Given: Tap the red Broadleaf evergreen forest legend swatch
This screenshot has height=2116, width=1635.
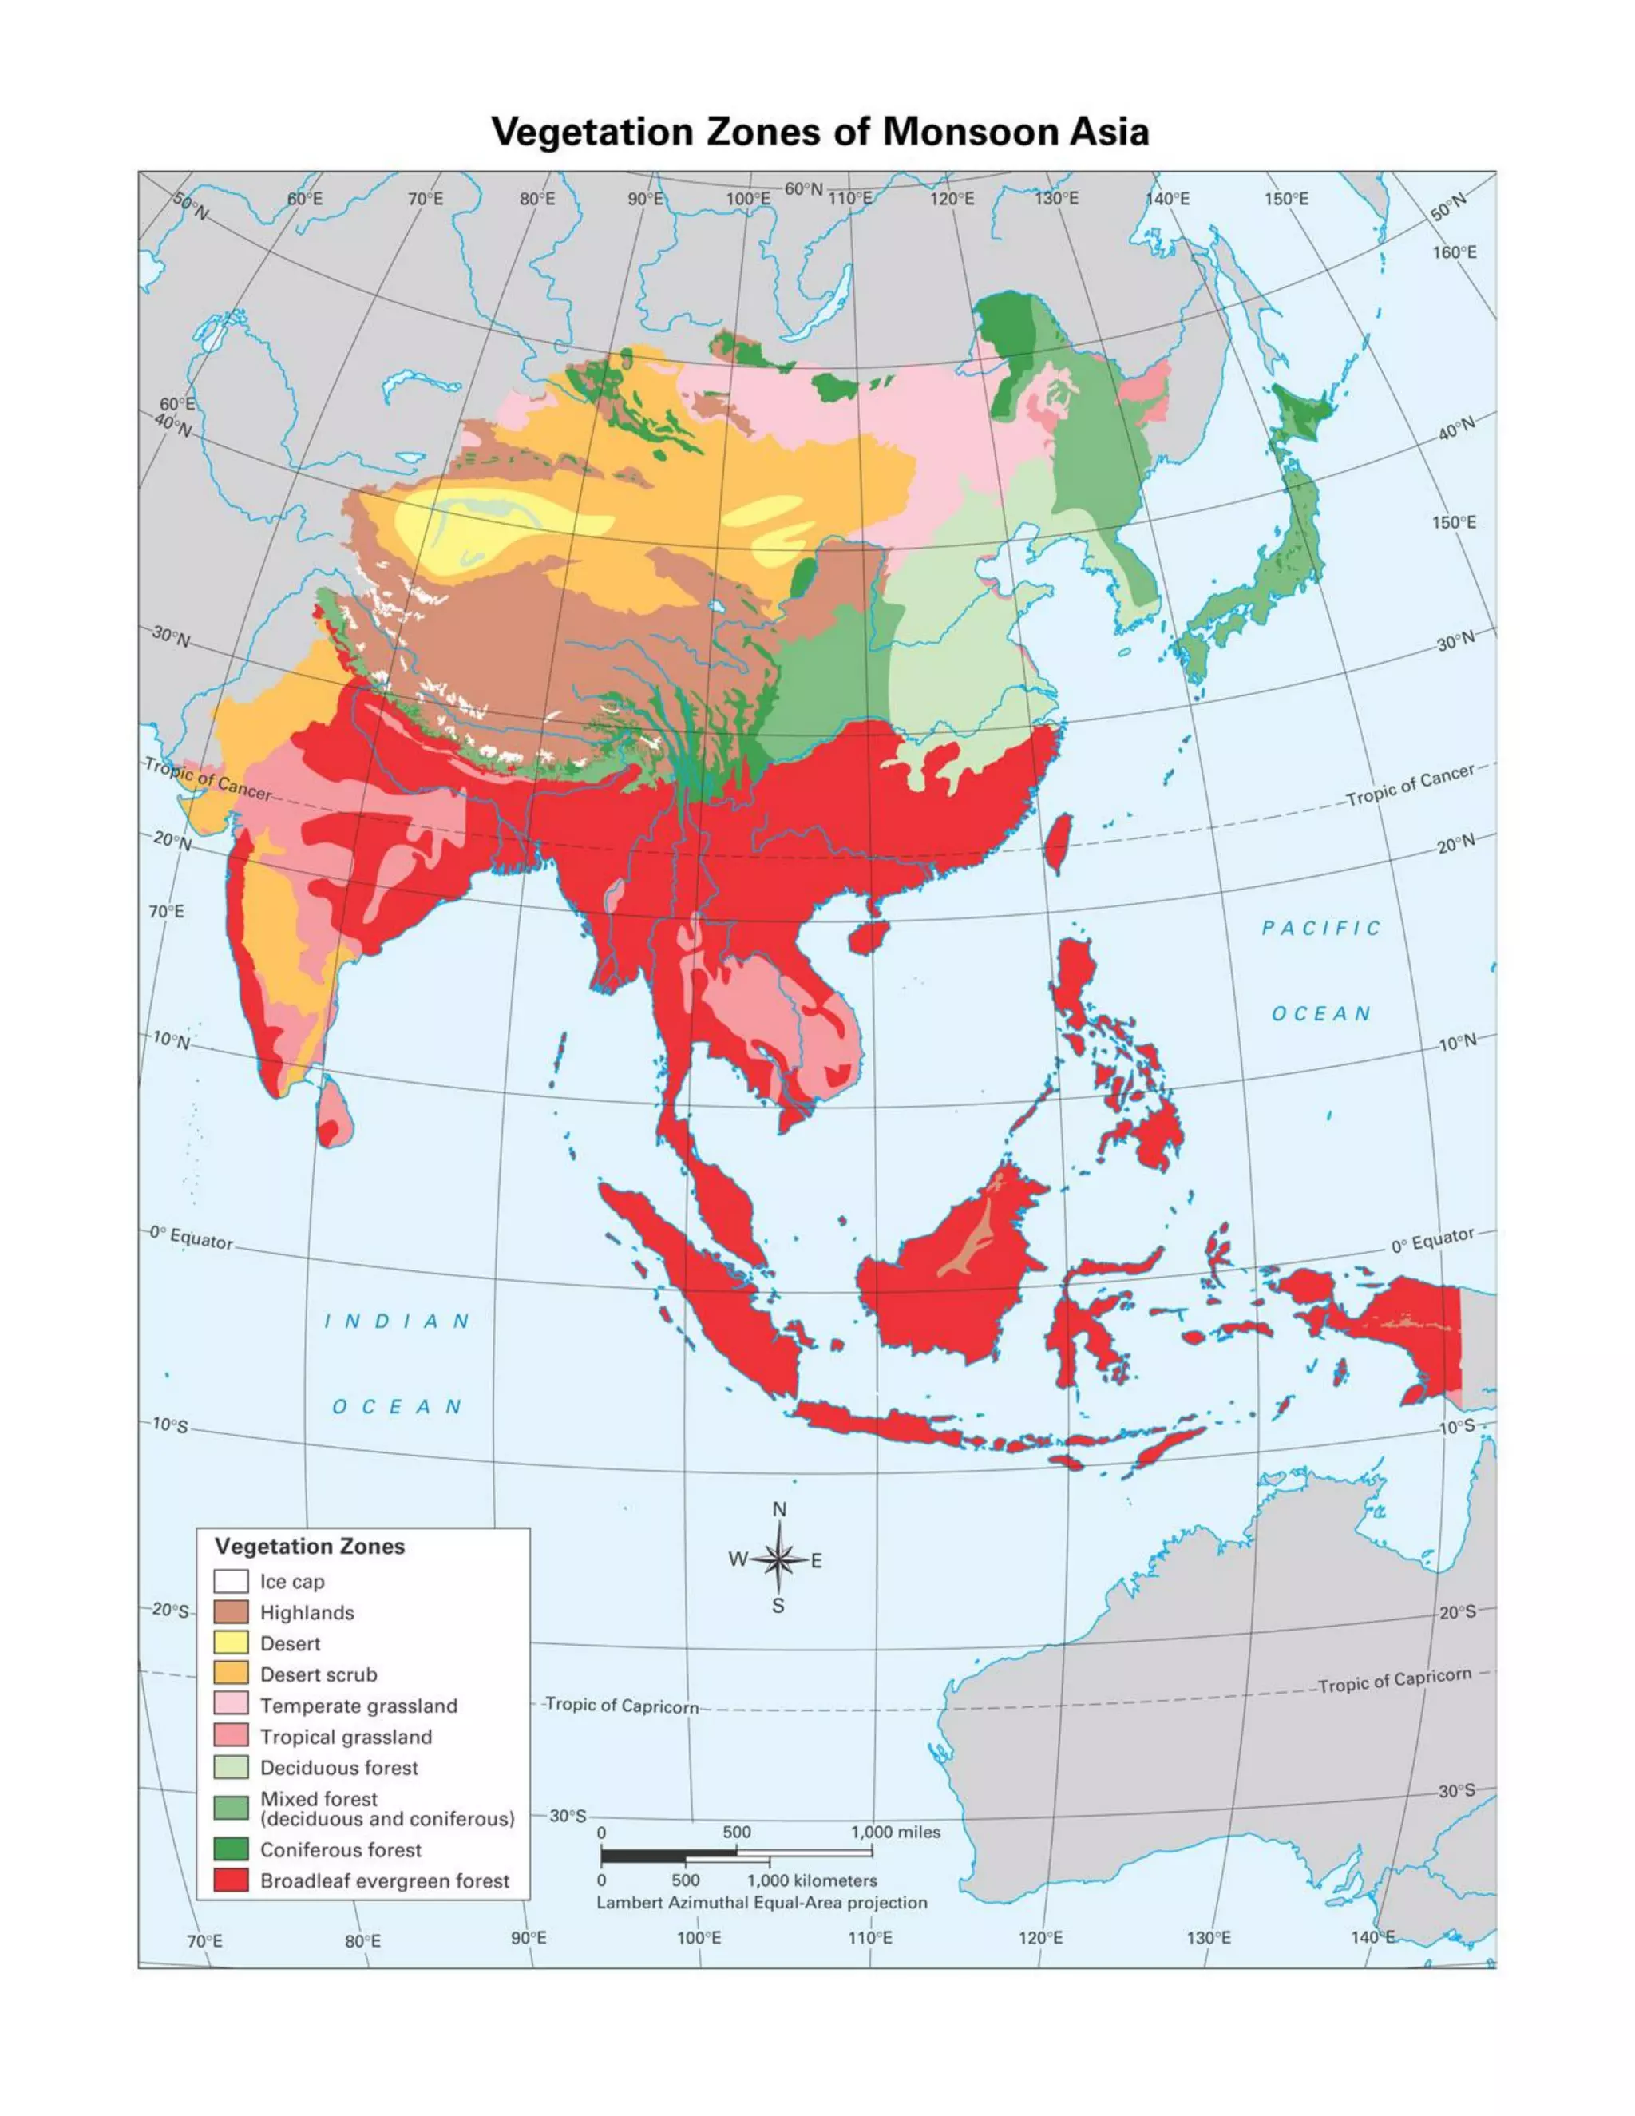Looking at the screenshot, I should click(x=231, y=1880).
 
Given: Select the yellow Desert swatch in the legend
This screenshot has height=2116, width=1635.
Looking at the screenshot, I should click(x=231, y=1644).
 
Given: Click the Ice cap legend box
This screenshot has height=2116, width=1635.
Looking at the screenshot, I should click(x=231, y=1581).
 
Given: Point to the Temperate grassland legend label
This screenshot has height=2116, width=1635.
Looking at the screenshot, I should click(x=358, y=1706).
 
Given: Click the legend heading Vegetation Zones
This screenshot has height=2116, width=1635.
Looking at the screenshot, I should click(x=309, y=1547).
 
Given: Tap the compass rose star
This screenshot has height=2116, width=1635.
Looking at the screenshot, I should click(x=778, y=1560).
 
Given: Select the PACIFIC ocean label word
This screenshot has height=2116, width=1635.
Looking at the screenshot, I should click(x=1321, y=928).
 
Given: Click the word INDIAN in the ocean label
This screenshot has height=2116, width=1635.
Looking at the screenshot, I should click(x=396, y=1322).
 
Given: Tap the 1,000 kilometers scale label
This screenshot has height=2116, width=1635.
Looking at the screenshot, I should click(x=812, y=1880).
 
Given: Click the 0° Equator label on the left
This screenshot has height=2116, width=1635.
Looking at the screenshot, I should click(x=191, y=1238).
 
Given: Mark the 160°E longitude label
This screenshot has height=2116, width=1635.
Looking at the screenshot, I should click(x=1455, y=253).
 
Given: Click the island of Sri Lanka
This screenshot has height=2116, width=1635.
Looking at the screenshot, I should click(x=335, y=1114).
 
